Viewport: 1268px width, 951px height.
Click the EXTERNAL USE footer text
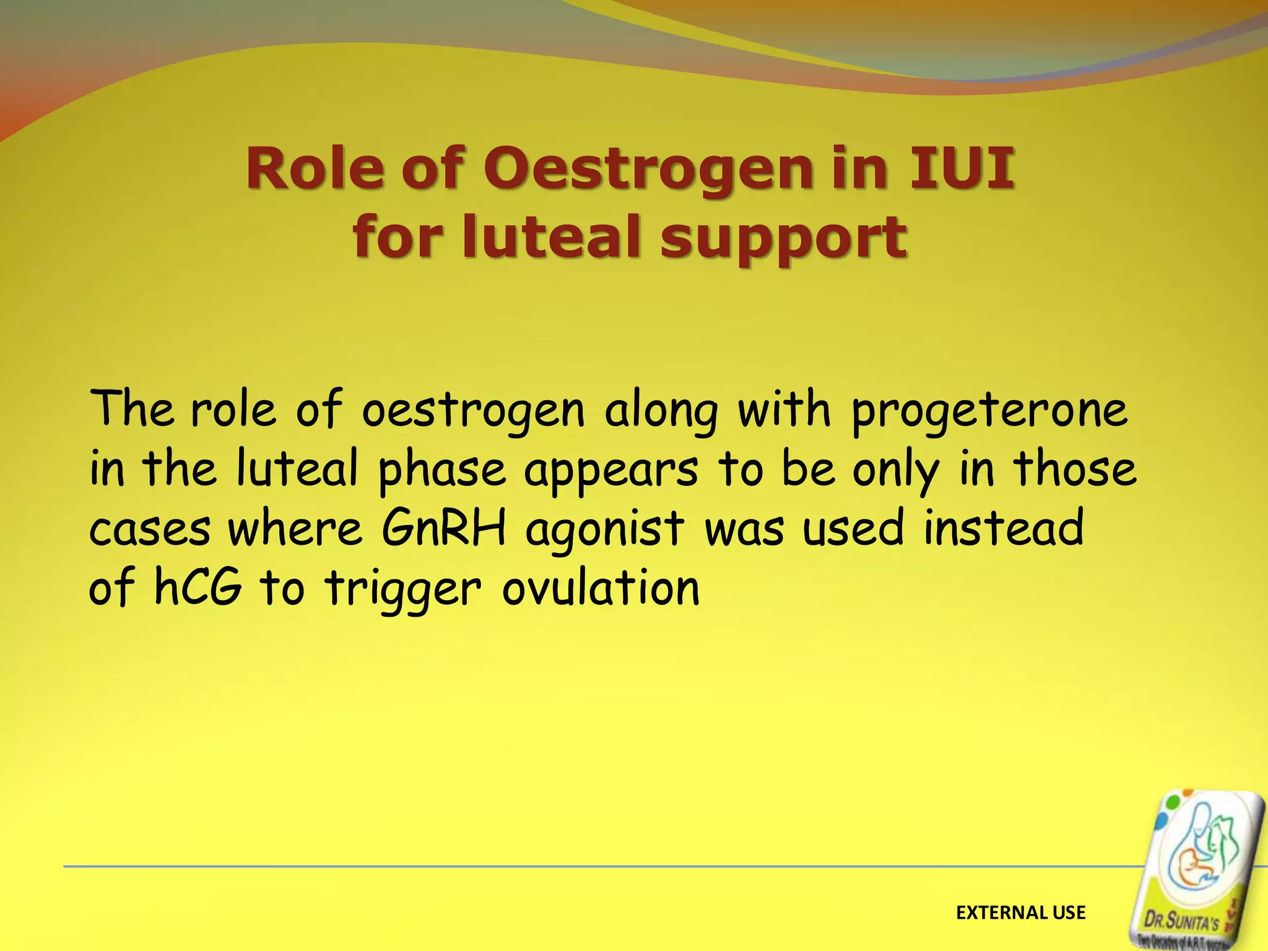(1020, 913)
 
